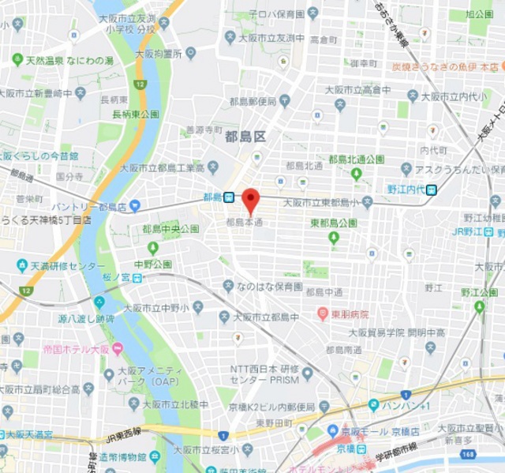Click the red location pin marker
coord(250,200)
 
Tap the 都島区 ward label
coord(245,136)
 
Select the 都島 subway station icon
coord(228,197)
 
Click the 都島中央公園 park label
coord(170,229)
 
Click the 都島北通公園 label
coord(357,160)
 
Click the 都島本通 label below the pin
coord(244,223)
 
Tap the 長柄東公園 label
coord(135,114)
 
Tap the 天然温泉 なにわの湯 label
coord(69,60)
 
